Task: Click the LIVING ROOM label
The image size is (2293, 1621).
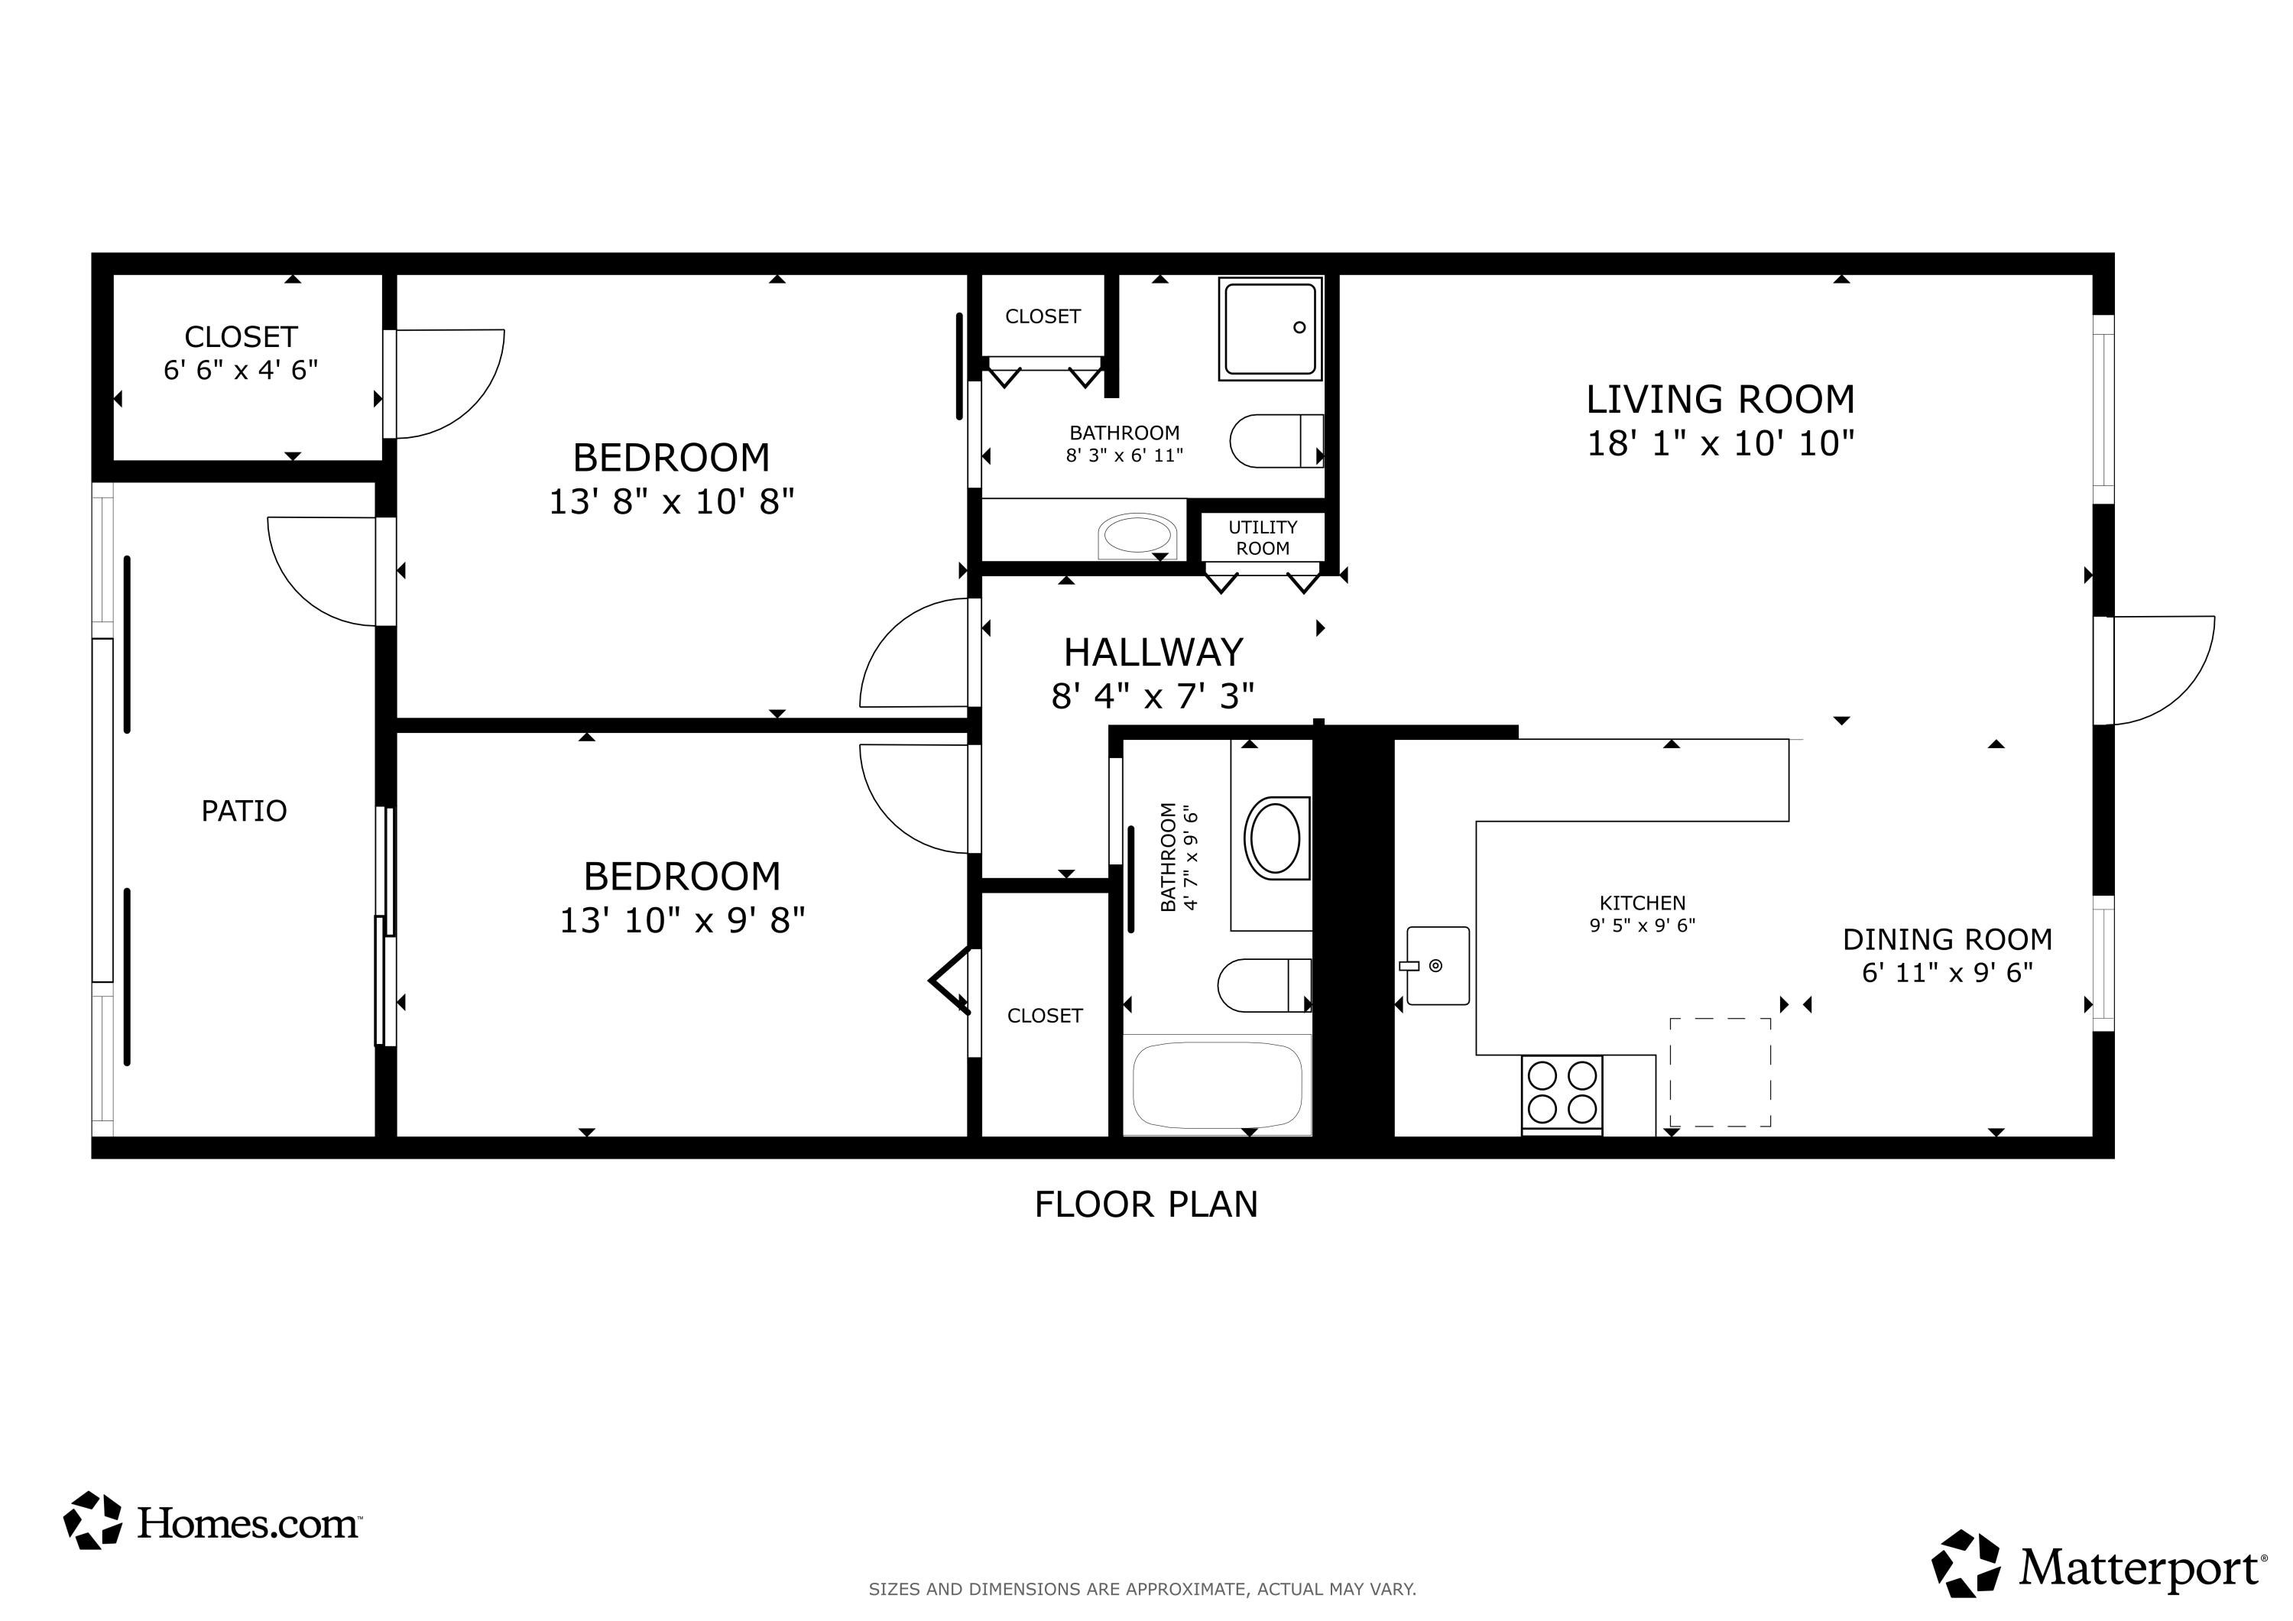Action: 1720,400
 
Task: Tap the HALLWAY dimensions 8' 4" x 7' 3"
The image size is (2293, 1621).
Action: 1153,696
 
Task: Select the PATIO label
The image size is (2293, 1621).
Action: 244,811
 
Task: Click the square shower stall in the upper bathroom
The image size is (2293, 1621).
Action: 1270,329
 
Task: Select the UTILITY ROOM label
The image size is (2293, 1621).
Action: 1263,537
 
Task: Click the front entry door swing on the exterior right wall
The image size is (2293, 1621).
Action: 2157,669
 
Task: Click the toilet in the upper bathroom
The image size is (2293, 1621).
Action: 1276,440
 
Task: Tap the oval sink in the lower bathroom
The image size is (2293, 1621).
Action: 1276,838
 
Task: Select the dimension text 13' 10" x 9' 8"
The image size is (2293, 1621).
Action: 681,920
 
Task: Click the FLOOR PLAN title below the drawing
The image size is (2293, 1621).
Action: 1146,1204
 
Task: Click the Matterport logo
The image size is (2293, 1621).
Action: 2098,1565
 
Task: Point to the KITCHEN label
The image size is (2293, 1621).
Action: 1642,903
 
